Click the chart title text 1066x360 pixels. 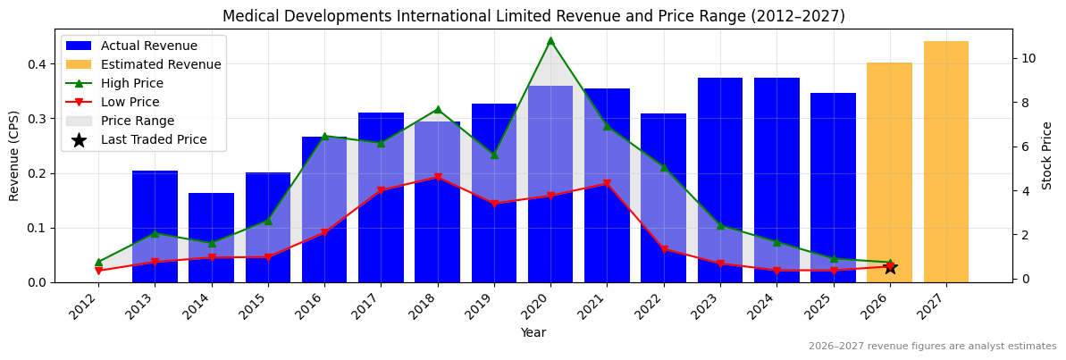pyautogui.click(x=533, y=16)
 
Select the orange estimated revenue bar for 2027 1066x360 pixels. pyautogui.click(x=946, y=161)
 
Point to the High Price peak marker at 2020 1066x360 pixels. pyautogui.click(x=550, y=40)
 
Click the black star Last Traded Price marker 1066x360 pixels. pyautogui.click(x=890, y=267)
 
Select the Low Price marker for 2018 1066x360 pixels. pyautogui.click(x=438, y=178)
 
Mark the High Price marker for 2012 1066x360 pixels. pyautogui.click(x=98, y=262)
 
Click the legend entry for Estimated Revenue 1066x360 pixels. pyautogui.click(x=161, y=64)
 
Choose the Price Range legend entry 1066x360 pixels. pyautogui.click(x=137, y=121)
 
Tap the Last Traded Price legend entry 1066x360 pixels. pyautogui.click(x=153, y=139)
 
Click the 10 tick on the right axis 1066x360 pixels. pyautogui.click(x=1028, y=58)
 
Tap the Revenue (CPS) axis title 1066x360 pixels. pyautogui.click(x=14, y=155)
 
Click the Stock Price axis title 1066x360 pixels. pyautogui.click(x=1047, y=155)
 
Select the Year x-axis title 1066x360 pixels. pyautogui.click(x=533, y=332)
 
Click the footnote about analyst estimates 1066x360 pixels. pyautogui.click(x=932, y=347)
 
